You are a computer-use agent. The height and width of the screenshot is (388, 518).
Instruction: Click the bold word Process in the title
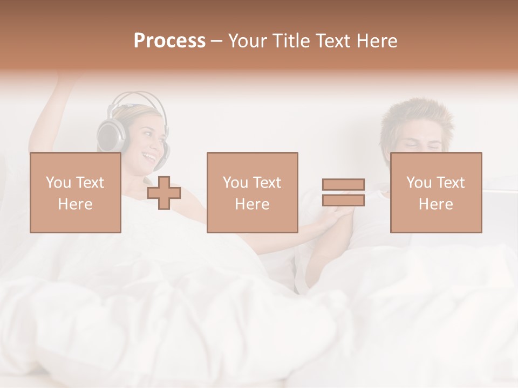(x=169, y=41)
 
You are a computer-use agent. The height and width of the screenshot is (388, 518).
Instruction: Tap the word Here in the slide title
(x=376, y=41)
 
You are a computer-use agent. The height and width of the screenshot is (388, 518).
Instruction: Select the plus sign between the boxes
(x=164, y=193)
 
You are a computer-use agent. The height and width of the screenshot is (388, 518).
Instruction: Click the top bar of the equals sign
(x=343, y=184)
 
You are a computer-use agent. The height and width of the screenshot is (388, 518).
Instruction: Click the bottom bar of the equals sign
(x=343, y=200)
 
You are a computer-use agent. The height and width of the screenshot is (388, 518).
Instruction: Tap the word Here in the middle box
(x=252, y=204)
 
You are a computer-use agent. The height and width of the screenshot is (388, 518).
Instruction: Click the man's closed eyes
(x=424, y=144)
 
